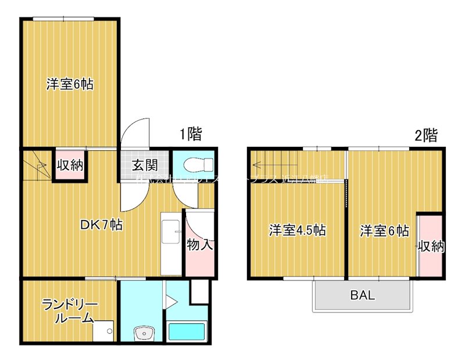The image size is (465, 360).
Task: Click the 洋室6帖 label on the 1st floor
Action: pyautogui.click(x=70, y=84)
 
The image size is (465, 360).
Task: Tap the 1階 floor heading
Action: pyautogui.click(x=190, y=135)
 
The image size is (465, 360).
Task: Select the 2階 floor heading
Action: pyautogui.click(x=425, y=135)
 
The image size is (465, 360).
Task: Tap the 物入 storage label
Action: pyautogui.click(x=199, y=244)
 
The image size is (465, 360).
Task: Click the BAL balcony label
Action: pyautogui.click(x=362, y=295)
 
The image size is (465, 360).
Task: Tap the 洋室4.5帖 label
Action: pyautogui.click(x=296, y=231)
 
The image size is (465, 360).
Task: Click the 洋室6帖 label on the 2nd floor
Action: pyautogui.click(x=384, y=231)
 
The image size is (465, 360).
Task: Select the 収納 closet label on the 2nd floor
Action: pyautogui.click(x=431, y=246)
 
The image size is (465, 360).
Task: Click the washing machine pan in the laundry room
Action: pyautogui.click(x=105, y=332)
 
